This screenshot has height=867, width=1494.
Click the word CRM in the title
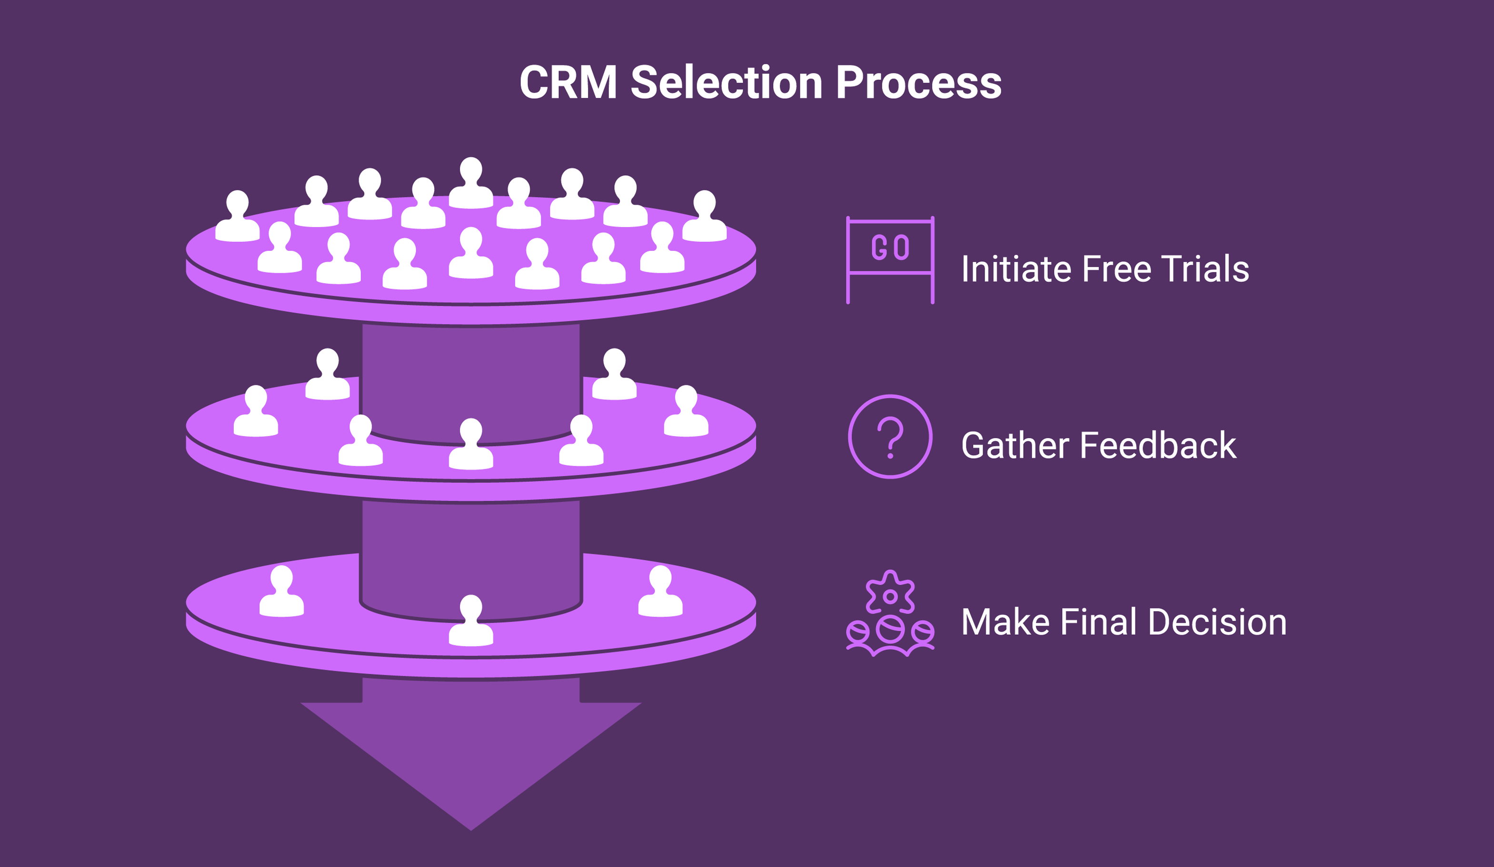568,82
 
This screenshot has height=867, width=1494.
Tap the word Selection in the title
726,82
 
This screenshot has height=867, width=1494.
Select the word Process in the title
919,83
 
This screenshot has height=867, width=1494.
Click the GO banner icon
890,260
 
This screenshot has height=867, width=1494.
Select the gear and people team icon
890,614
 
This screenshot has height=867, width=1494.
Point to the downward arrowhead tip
471,830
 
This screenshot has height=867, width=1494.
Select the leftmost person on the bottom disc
281,592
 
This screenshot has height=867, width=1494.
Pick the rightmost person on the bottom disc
660,592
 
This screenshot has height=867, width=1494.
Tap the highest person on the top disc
471,183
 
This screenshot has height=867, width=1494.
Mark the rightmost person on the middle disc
686,411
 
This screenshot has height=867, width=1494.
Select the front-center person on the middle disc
471,444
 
